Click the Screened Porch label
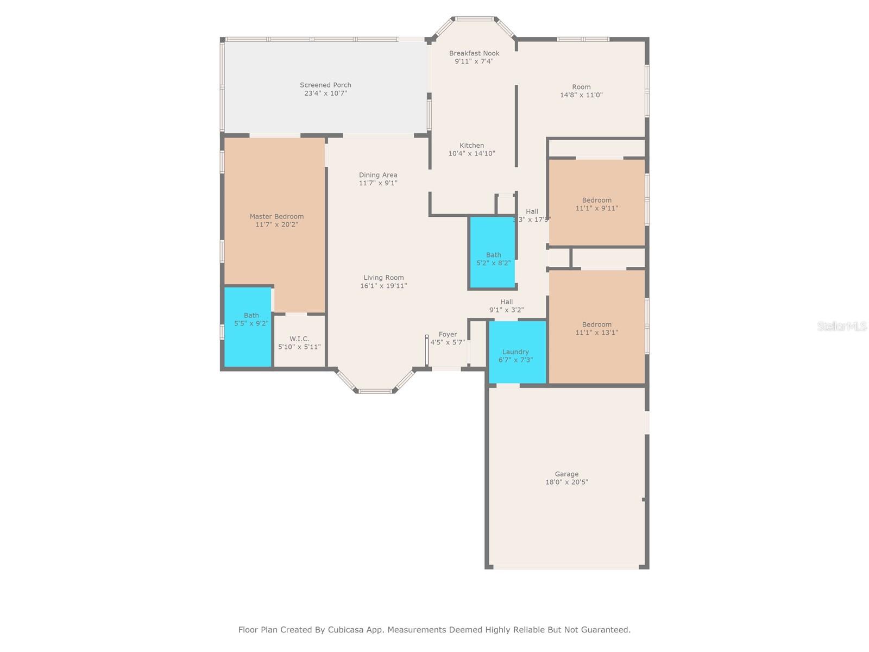point(325,85)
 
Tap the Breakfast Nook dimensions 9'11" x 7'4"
point(474,61)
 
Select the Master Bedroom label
point(276,216)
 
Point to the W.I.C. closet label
point(299,339)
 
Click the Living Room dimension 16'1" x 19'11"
point(383,286)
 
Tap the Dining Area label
point(378,175)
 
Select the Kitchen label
point(471,146)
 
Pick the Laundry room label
point(515,352)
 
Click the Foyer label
point(448,335)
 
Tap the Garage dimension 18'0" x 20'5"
point(566,482)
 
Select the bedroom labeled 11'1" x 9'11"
point(596,204)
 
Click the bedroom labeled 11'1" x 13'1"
point(596,328)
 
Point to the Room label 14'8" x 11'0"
point(581,87)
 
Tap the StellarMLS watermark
point(841,327)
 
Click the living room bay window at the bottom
point(375,390)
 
